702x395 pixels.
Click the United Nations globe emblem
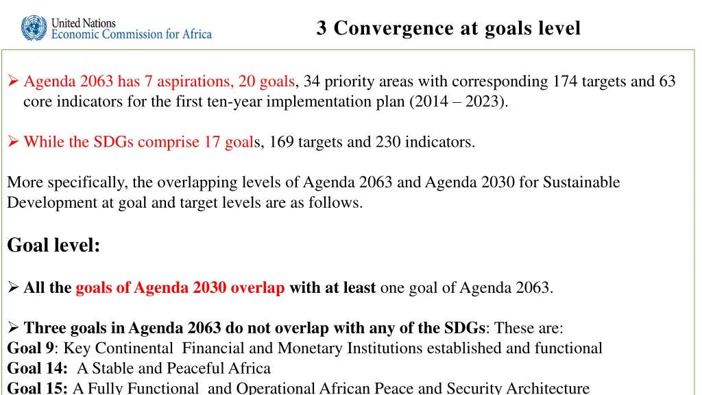(x=34, y=28)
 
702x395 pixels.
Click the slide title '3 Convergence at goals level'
(x=448, y=28)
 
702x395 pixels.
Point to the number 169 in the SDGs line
(x=282, y=142)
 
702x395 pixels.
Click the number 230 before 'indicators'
(x=389, y=142)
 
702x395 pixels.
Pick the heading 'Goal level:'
(x=53, y=245)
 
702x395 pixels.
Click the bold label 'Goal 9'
(x=30, y=348)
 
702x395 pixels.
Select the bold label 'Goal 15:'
(x=37, y=388)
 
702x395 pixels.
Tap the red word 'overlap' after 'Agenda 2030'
(x=257, y=288)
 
